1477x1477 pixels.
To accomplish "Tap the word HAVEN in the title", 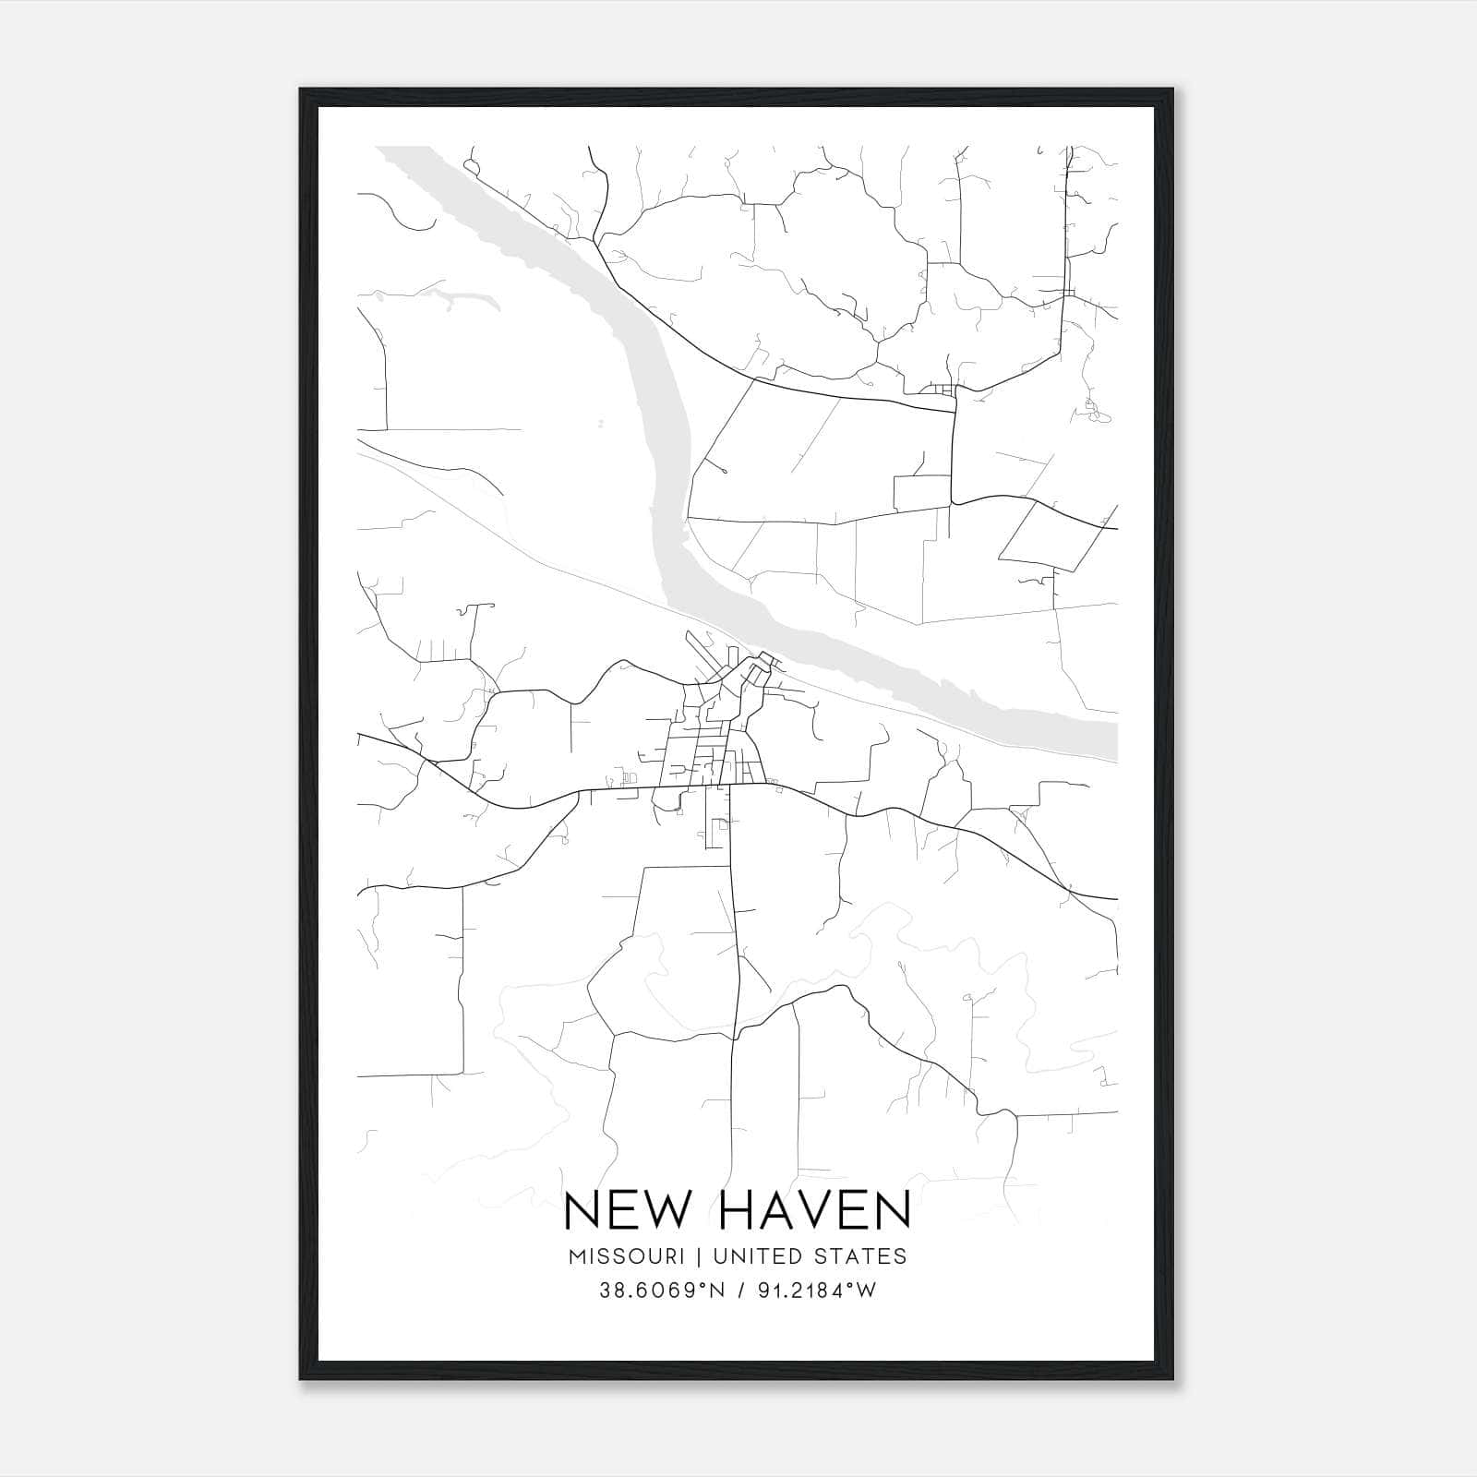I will pyautogui.click(x=813, y=1210).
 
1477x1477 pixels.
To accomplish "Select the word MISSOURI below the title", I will pyautogui.click(x=626, y=1256).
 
